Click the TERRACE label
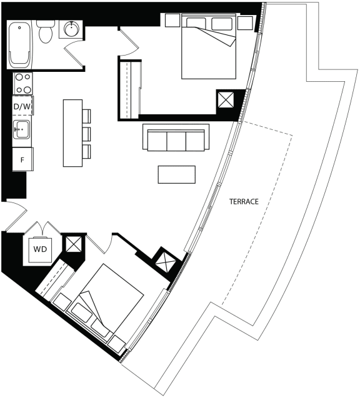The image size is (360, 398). tap(244, 202)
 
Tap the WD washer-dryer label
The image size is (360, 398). tap(40, 249)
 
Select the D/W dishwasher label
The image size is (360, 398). tap(22, 107)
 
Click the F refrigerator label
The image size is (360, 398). tap(22, 160)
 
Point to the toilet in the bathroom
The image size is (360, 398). tap(46, 32)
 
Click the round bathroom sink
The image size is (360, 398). tap(72, 29)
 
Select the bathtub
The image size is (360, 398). tap(19, 44)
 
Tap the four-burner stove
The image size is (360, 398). tap(22, 84)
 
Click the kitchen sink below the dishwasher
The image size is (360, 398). tap(22, 129)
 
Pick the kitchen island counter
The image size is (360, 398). tap(72, 133)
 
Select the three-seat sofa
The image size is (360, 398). tap(176, 137)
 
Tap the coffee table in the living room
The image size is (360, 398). tap(177, 174)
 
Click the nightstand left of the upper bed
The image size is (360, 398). tap(172, 20)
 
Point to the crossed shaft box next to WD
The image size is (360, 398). tap(73, 244)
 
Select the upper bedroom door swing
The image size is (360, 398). tap(129, 42)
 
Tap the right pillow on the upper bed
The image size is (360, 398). tap(222, 24)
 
